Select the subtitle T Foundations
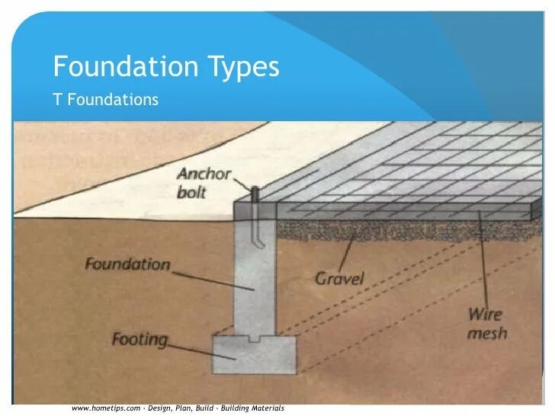pos(105,99)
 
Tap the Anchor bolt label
pos(203,182)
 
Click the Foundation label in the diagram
pos(127,264)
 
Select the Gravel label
pos(340,277)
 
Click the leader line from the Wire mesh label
pos(483,259)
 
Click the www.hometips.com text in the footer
pos(106,408)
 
